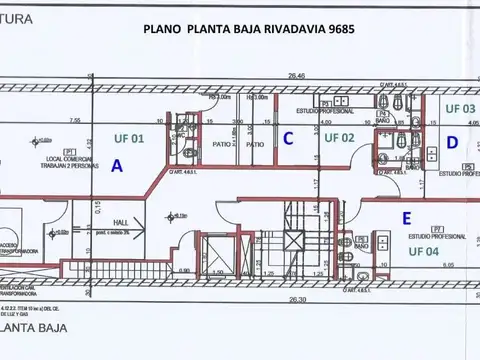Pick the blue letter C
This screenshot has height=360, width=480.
pyautogui.click(x=287, y=139)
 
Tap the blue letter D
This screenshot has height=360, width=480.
pyautogui.click(x=452, y=143)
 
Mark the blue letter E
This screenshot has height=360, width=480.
pyautogui.click(x=405, y=217)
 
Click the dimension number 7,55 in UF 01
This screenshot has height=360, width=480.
pyautogui.click(x=74, y=120)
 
